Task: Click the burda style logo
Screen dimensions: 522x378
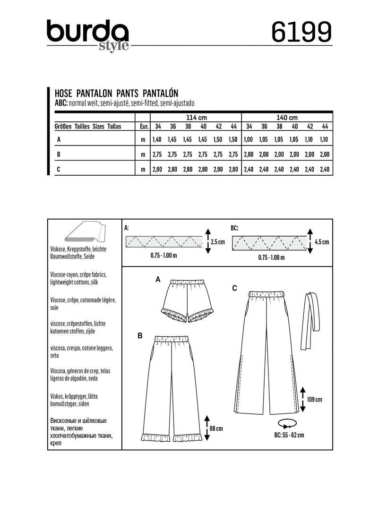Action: click(x=87, y=34)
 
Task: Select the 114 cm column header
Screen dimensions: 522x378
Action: click(x=196, y=117)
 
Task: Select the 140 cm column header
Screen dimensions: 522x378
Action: click(x=286, y=117)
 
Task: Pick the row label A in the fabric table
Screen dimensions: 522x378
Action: click(x=59, y=139)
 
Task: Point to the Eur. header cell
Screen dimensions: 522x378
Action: click(x=143, y=127)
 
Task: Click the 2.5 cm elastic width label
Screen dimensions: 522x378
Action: click(x=217, y=242)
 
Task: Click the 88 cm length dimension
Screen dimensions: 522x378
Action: click(x=215, y=428)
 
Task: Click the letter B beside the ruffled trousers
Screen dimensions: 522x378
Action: click(x=139, y=336)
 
